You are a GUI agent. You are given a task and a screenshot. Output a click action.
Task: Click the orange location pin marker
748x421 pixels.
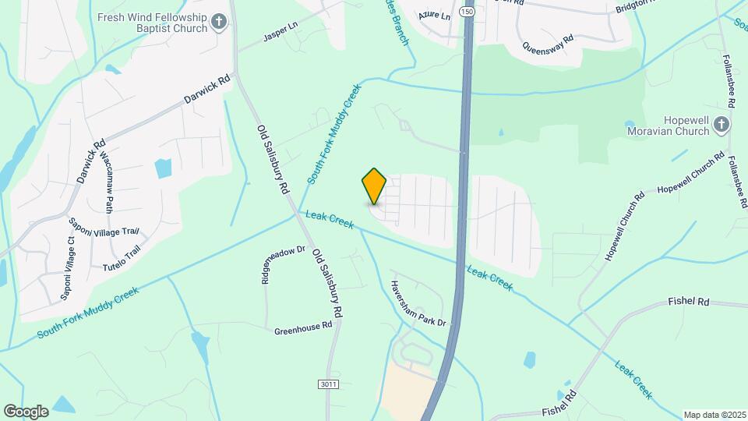[x=375, y=186]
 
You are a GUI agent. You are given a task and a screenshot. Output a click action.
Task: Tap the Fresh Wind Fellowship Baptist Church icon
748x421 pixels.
[x=221, y=23]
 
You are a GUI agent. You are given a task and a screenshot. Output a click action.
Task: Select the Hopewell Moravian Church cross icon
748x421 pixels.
[x=722, y=125]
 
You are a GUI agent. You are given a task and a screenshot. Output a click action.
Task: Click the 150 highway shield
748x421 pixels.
[x=467, y=12]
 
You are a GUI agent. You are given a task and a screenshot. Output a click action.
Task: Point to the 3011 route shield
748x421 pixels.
[x=329, y=385]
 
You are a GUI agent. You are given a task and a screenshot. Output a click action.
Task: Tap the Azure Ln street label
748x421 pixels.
[x=435, y=16]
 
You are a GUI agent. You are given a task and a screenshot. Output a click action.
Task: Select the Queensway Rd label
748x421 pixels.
[x=548, y=48]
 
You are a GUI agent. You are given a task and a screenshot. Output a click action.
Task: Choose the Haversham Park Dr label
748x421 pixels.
[x=418, y=303]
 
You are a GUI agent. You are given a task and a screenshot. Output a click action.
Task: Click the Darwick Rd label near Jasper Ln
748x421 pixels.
[x=207, y=89]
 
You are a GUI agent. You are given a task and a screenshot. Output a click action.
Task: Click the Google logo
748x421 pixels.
[x=26, y=411]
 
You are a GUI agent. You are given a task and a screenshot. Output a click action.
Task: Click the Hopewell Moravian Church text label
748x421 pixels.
[x=669, y=126]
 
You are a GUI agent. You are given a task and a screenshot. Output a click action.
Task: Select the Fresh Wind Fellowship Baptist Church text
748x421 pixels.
[x=152, y=23]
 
